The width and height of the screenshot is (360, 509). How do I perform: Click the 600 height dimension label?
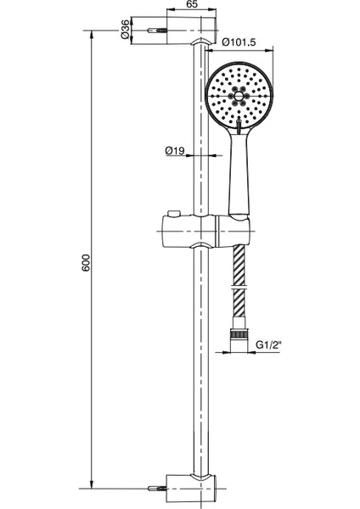86,263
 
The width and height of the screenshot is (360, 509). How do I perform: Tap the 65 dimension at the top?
192,4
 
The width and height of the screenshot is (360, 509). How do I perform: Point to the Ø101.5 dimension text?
239,42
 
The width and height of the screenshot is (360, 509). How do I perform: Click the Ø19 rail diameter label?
175,151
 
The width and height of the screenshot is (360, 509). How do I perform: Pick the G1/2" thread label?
268,344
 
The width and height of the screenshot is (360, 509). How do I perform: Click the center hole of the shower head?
239,96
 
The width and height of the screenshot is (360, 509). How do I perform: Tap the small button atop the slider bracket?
173,213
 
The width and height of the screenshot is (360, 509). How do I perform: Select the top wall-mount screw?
157,31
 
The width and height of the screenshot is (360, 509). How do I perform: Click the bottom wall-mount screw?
157,488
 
